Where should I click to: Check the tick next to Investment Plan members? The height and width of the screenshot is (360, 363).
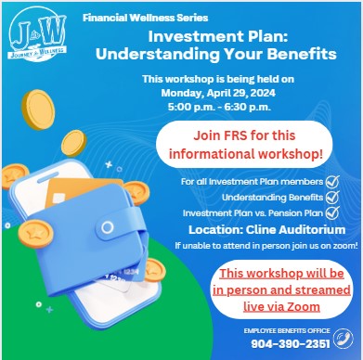(332, 182)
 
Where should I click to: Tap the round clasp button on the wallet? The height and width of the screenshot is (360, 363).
(107, 227)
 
